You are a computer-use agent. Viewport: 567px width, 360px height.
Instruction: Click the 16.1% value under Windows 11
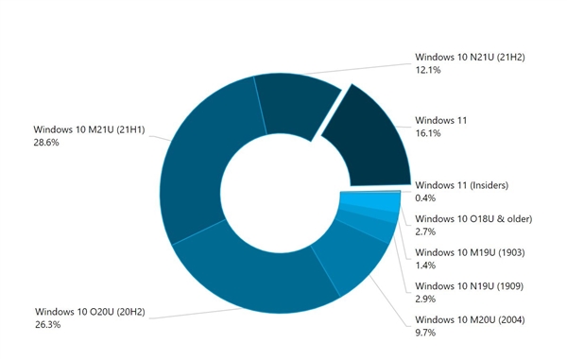pos(428,136)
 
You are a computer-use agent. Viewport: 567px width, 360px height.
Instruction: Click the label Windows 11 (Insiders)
pos(467,183)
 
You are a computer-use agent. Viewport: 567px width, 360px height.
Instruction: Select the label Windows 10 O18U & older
pos(473,218)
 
